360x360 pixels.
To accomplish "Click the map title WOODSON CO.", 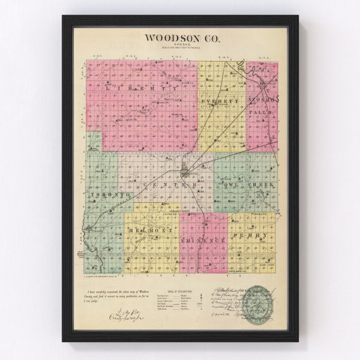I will pyautogui.click(x=180, y=37).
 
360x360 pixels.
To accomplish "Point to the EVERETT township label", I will pyautogui.click(x=219, y=101).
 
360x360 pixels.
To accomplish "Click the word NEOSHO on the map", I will pyautogui.click(x=261, y=101).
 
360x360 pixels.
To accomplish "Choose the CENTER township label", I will pyautogui.click(x=170, y=185).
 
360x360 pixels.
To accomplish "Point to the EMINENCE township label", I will pyautogui.click(x=202, y=242).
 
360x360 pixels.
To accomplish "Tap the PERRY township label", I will pyautogui.click(x=243, y=235).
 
